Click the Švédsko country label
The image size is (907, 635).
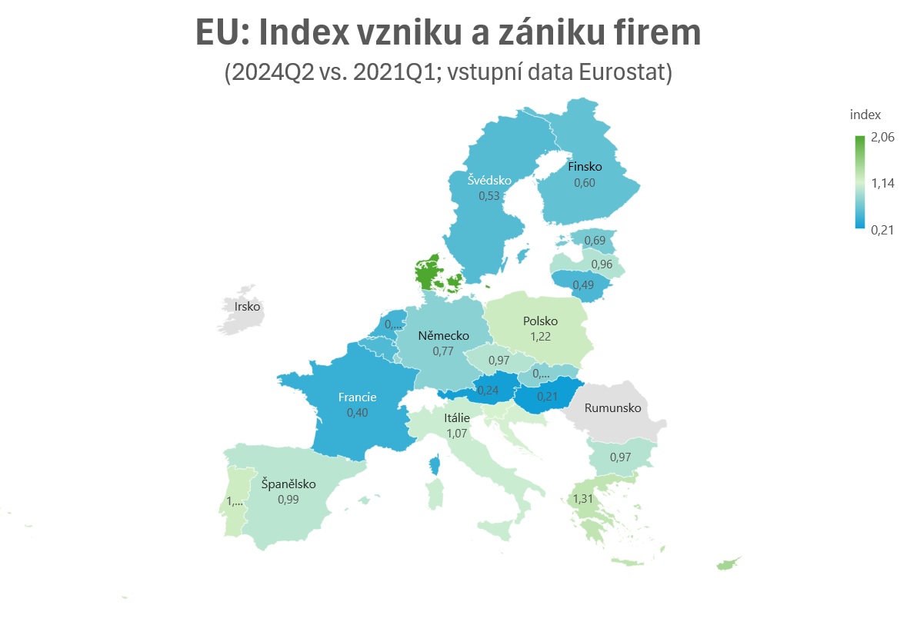[x=489, y=181]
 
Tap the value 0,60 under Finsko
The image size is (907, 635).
[x=585, y=183]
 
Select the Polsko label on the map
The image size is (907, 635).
[x=540, y=321]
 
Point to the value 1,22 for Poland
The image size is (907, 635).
[x=540, y=336]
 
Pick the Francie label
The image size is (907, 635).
[x=357, y=397]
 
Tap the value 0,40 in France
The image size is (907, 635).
[x=357, y=413]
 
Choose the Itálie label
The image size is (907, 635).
[x=456, y=418]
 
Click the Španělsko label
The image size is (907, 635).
[x=288, y=484]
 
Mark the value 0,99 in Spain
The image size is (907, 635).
[x=288, y=499]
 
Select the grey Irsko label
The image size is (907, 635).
[x=248, y=307]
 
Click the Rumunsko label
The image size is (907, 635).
[x=612, y=408]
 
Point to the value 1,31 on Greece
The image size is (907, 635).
[x=582, y=498]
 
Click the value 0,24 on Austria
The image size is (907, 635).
[x=489, y=390]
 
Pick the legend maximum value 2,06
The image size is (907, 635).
[x=882, y=138]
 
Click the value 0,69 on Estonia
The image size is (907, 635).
[x=595, y=241]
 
